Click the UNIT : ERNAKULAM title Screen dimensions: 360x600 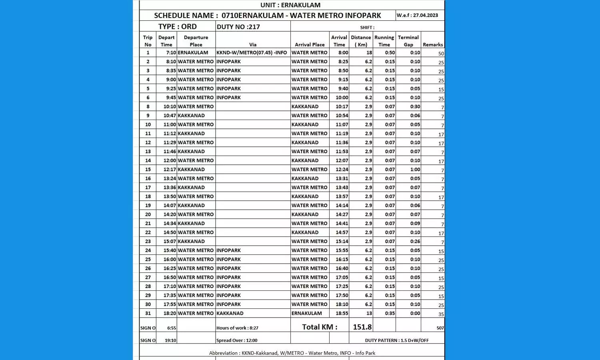click(290, 5)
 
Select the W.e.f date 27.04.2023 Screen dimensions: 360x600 click(417, 15)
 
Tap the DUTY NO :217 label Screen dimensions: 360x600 click(238, 27)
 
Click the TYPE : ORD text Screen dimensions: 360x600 click(177, 26)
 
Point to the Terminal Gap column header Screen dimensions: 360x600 click(408, 41)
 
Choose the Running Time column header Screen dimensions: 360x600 click(384, 41)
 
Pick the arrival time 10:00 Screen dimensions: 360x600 click(342, 98)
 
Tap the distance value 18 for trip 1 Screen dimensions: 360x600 click(369, 52)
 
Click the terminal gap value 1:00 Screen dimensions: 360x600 click(415, 170)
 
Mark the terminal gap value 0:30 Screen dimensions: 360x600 click(415, 107)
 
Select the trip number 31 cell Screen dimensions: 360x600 click(148, 314)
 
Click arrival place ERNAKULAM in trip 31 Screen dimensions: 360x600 click(306, 314)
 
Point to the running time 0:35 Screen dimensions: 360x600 click(390, 314)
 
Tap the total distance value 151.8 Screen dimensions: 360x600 click(362, 327)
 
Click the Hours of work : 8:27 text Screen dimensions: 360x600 click(237, 328)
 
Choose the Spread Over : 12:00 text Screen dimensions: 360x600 click(237, 340)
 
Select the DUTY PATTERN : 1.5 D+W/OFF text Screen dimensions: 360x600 click(396, 340)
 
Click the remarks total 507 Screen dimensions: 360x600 click(440, 328)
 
